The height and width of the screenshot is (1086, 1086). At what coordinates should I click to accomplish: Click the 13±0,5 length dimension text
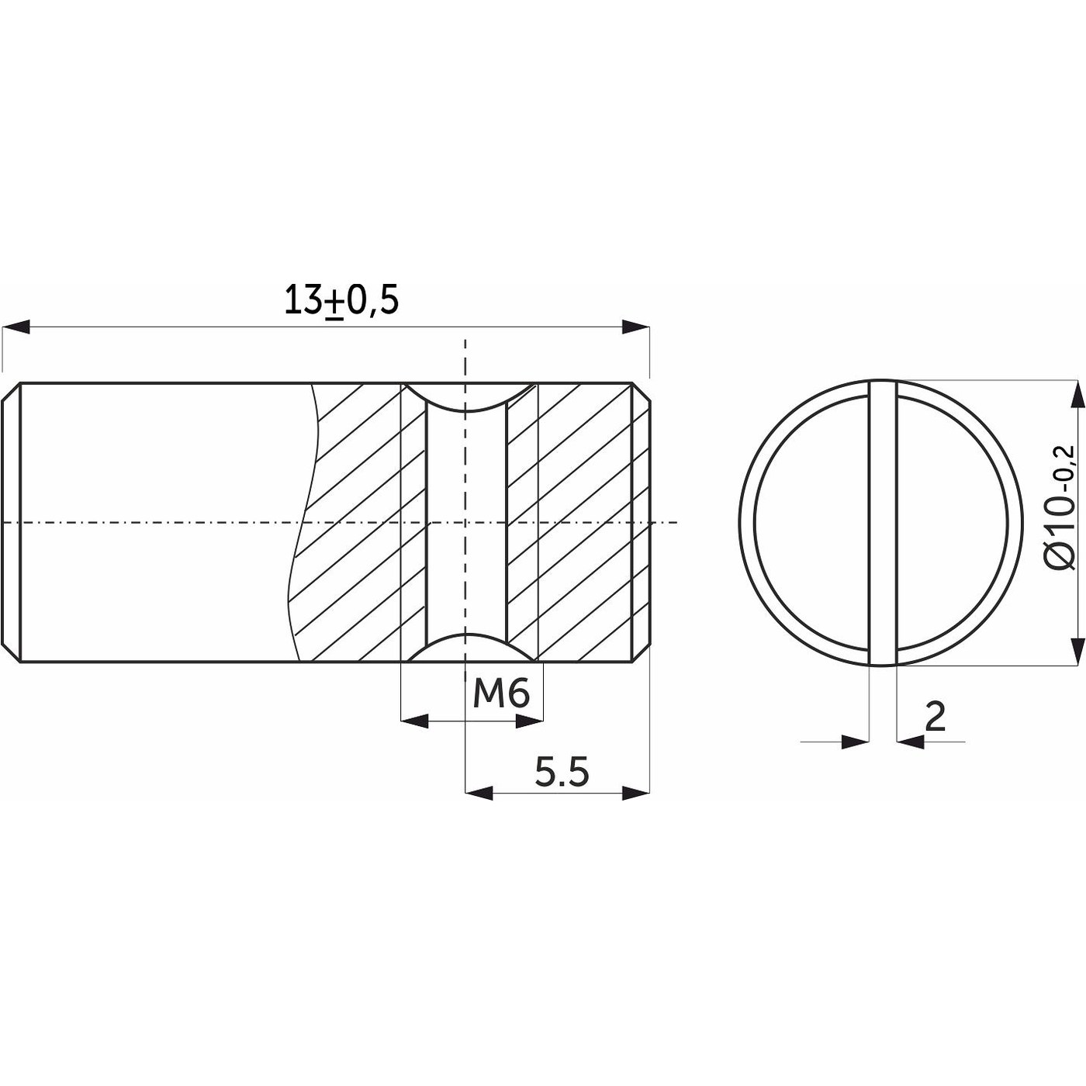(x=341, y=301)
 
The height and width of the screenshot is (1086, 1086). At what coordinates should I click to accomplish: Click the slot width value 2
(x=935, y=717)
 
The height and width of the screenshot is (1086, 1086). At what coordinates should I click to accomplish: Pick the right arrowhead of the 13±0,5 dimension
(x=636, y=327)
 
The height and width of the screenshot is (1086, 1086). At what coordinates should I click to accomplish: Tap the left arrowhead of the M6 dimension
(x=414, y=721)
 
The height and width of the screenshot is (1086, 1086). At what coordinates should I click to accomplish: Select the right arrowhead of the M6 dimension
(x=529, y=721)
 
